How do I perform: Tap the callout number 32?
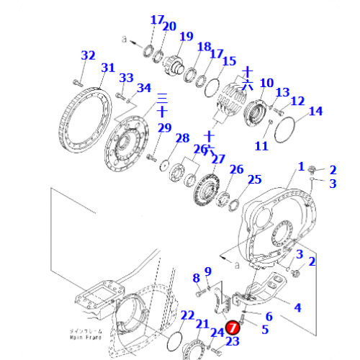[88, 55]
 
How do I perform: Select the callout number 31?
[107, 68]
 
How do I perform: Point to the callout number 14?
[316, 111]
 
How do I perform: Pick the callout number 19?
[186, 37]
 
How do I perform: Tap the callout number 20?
[169, 27]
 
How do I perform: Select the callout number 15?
[229, 62]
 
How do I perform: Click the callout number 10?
[266, 83]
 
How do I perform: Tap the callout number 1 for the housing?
[301, 166]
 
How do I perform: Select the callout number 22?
[187, 315]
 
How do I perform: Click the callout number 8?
[195, 278]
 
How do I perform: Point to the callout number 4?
[296, 308]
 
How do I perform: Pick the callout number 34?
[144, 89]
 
